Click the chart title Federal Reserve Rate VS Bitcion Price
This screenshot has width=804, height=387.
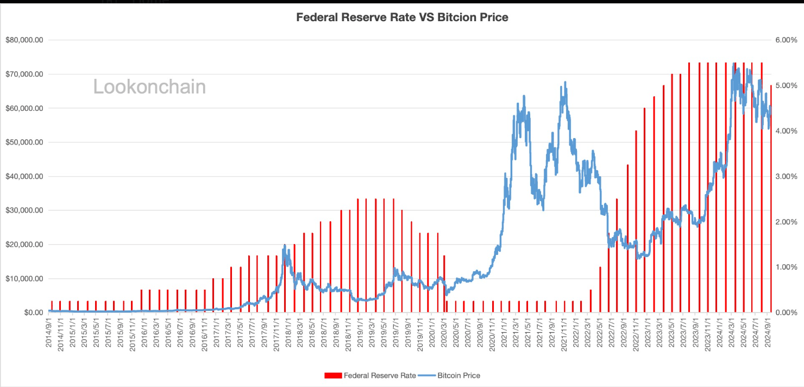point(402,17)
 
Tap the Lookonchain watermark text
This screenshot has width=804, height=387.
point(149,87)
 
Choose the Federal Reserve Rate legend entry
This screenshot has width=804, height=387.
point(380,376)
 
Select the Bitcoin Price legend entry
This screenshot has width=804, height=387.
point(458,376)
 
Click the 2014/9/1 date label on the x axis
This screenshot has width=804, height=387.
point(49,334)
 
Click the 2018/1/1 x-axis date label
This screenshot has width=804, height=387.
point(288,334)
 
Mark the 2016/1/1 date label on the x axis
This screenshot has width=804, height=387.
point(145,334)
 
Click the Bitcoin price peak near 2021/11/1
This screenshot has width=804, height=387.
point(565,83)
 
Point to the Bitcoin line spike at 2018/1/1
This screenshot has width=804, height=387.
point(285,246)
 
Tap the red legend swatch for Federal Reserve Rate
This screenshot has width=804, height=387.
point(333,376)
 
